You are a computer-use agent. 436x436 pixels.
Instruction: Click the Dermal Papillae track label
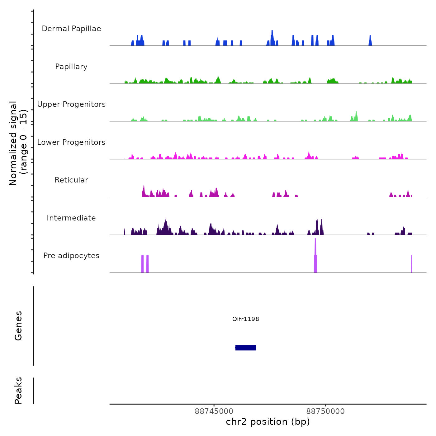point(71,29)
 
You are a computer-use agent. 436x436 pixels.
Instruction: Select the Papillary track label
point(71,67)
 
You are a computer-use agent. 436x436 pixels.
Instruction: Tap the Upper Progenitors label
point(71,104)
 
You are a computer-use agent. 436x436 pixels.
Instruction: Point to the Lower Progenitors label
point(71,142)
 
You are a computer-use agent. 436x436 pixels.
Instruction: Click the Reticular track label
point(71,180)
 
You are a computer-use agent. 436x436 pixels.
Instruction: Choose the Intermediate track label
point(71,218)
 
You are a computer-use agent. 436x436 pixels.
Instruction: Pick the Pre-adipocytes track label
point(71,256)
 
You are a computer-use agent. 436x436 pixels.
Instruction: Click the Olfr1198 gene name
point(245,319)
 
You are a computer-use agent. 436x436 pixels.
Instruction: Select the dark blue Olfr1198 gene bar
point(246,348)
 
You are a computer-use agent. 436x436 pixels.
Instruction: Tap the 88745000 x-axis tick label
point(214,411)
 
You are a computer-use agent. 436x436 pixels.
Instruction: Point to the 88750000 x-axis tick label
point(325,411)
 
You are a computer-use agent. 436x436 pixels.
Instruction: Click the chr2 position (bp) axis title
point(268,422)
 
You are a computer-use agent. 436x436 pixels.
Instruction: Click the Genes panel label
point(18,326)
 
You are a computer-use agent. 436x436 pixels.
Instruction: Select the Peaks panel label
point(18,391)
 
